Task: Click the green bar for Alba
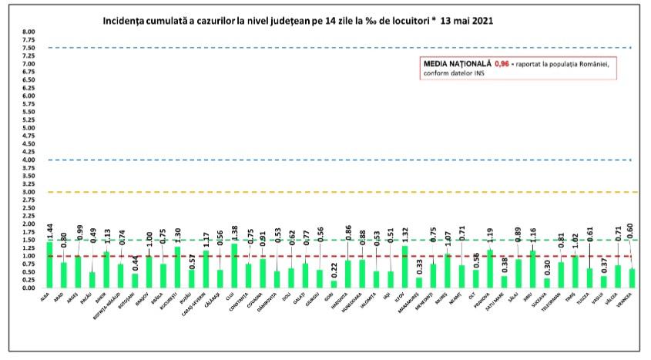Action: point(50,265)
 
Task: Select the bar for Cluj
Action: point(233,266)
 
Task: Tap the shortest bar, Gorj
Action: point(333,284)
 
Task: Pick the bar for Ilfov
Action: point(404,267)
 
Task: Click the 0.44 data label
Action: point(134,261)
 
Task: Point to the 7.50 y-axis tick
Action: point(29,48)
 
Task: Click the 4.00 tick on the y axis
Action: point(29,160)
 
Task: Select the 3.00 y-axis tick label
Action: point(29,192)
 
